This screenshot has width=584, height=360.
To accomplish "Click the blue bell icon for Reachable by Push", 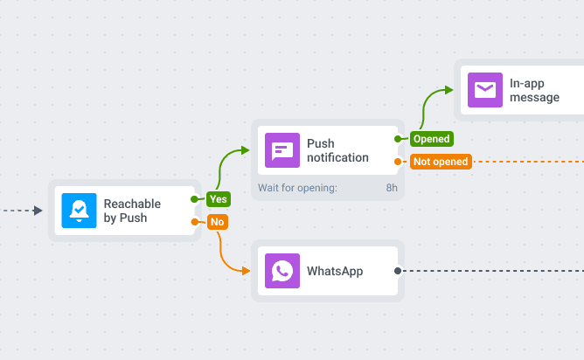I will [80, 211].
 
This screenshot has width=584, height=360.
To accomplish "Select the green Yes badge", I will [218, 199].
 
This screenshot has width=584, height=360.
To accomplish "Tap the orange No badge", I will [217, 222].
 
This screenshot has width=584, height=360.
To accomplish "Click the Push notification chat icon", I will [282, 150].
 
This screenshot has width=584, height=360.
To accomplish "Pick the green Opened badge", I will [431, 139].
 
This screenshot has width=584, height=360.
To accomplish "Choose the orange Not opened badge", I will [441, 162].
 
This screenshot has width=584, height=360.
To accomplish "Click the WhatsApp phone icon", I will [282, 271].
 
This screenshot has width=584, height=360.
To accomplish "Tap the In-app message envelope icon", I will [485, 90].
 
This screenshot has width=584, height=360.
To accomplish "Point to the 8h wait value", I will [392, 188].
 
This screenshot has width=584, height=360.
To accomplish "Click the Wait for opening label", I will [297, 188].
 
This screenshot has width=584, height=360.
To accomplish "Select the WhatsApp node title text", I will [335, 271].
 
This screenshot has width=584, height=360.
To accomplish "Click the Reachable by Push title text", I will [131, 211].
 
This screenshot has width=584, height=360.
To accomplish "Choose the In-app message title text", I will [535, 90].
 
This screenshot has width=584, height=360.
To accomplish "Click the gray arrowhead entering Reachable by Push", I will [38, 211].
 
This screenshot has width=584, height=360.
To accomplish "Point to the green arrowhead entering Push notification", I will [245, 150].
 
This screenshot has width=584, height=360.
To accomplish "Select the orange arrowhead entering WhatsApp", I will [245, 271].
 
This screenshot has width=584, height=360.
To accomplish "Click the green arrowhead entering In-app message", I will [448, 90].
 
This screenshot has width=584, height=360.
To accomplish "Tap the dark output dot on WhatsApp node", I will [398, 271].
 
